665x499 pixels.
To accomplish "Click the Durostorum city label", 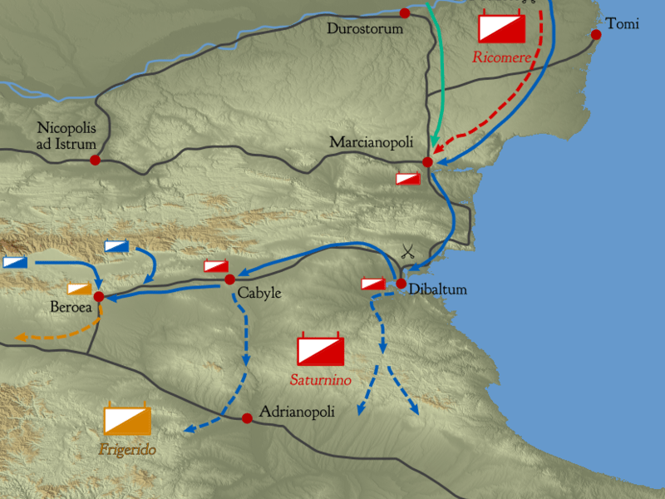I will click(x=364, y=29).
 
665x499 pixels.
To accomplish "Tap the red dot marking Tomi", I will click(x=596, y=34).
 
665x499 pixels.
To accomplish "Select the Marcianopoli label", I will click(x=372, y=142).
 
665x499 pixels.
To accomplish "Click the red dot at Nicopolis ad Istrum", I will click(x=96, y=160).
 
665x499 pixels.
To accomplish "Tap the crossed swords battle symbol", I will click(x=407, y=251).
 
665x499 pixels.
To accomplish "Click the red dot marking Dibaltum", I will click(x=401, y=284).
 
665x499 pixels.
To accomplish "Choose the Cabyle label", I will click(x=259, y=294).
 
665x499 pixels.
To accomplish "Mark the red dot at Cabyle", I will click(x=230, y=279).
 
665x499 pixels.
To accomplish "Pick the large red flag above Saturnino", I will click(x=321, y=349).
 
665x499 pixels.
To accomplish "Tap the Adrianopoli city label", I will click(x=297, y=411).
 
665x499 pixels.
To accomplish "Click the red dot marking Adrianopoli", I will click(x=247, y=418).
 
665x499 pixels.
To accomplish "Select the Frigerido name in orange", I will click(x=127, y=450).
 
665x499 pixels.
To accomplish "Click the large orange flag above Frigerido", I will click(x=127, y=420).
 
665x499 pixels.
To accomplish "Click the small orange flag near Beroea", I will click(x=79, y=289).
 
